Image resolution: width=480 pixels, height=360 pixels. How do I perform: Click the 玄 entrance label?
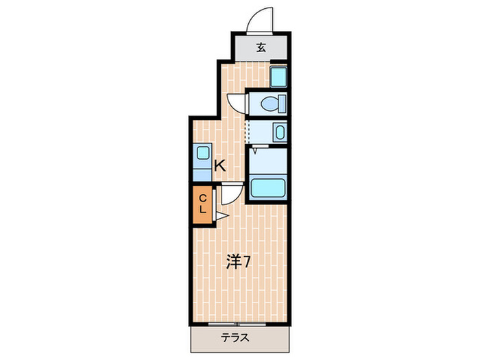click(261, 47)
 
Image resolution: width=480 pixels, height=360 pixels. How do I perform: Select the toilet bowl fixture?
click(272, 104)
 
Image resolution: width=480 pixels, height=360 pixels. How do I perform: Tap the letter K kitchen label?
click(219, 165)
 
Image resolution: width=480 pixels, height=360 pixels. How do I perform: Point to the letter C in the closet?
click(203, 199)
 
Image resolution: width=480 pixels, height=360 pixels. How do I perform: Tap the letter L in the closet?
click(203, 211)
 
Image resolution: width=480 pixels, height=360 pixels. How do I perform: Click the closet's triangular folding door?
click(220, 217)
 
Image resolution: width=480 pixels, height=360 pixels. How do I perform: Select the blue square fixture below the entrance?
click(278, 77)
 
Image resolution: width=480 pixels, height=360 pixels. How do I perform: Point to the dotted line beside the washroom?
click(245, 131)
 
